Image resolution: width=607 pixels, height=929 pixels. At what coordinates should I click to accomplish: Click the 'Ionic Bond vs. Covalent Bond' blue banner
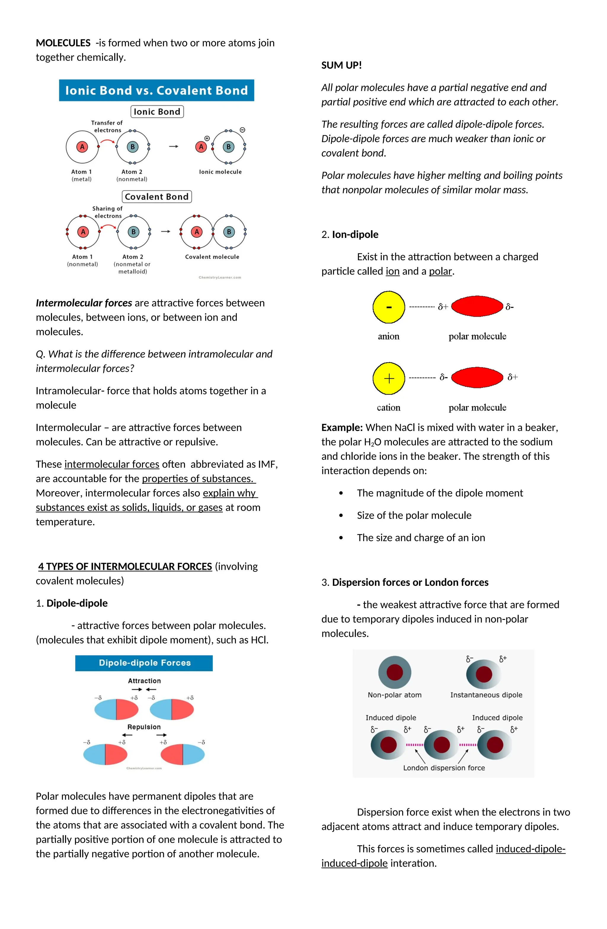(x=156, y=90)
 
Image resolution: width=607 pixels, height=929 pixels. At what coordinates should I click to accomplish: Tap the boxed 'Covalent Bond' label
(x=156, y=197)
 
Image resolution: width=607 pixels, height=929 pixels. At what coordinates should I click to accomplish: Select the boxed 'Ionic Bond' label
(x=157, y=112)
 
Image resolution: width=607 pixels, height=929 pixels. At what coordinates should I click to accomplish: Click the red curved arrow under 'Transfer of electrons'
(x=107, y=141)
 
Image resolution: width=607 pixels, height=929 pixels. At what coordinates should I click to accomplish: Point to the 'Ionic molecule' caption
(x=220, y=172)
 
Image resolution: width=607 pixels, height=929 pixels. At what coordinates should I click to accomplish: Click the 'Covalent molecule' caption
(x=212, y=257)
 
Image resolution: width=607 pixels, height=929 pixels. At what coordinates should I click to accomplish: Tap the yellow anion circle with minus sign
(x=389, y=307)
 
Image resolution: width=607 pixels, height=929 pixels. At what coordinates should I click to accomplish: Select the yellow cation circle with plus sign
(x=389, y=378)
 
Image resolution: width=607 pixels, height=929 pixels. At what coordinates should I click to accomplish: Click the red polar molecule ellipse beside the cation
(x=477, y=378)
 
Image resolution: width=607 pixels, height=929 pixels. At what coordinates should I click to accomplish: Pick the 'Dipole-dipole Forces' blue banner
(x=144, y=663)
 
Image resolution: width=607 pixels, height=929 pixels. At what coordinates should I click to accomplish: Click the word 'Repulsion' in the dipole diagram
(x=144, y=727)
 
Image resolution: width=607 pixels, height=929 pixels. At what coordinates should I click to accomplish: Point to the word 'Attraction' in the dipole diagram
(x=144, y=681)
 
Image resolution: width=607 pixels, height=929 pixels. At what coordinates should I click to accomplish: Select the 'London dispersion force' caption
(x=444, y=768)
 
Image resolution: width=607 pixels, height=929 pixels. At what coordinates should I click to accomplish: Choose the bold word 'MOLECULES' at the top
(x=63, y=43)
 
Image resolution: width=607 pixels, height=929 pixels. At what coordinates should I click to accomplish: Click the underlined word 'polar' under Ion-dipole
(x=440, y=271)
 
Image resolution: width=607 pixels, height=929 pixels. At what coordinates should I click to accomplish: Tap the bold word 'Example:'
(x=342, y=427)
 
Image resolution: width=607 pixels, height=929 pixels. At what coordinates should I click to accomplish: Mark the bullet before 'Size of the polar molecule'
(x=341, y=516)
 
